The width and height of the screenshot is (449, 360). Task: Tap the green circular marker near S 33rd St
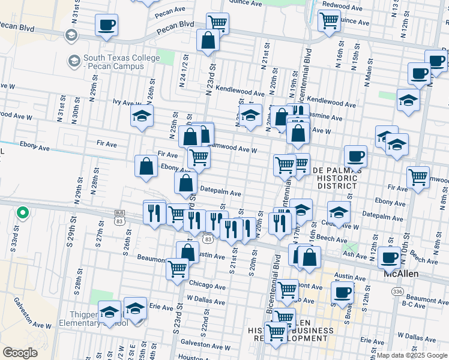coord(22,212)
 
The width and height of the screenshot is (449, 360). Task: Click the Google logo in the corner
coord(20,352)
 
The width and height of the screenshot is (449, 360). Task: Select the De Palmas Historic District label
coord(337,178)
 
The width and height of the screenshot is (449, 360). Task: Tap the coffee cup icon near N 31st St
coord(106,25)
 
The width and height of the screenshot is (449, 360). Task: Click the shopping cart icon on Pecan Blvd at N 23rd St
coord(217,23)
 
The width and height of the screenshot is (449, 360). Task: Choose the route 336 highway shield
coord(397,290)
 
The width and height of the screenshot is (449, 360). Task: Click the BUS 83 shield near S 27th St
coord(120,214)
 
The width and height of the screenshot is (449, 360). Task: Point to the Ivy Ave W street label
coord(127,103)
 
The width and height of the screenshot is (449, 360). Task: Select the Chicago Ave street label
coord(206,283)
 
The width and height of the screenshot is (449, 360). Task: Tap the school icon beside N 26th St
coord(142,117)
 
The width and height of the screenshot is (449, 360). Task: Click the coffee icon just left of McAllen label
coord(389,257)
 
